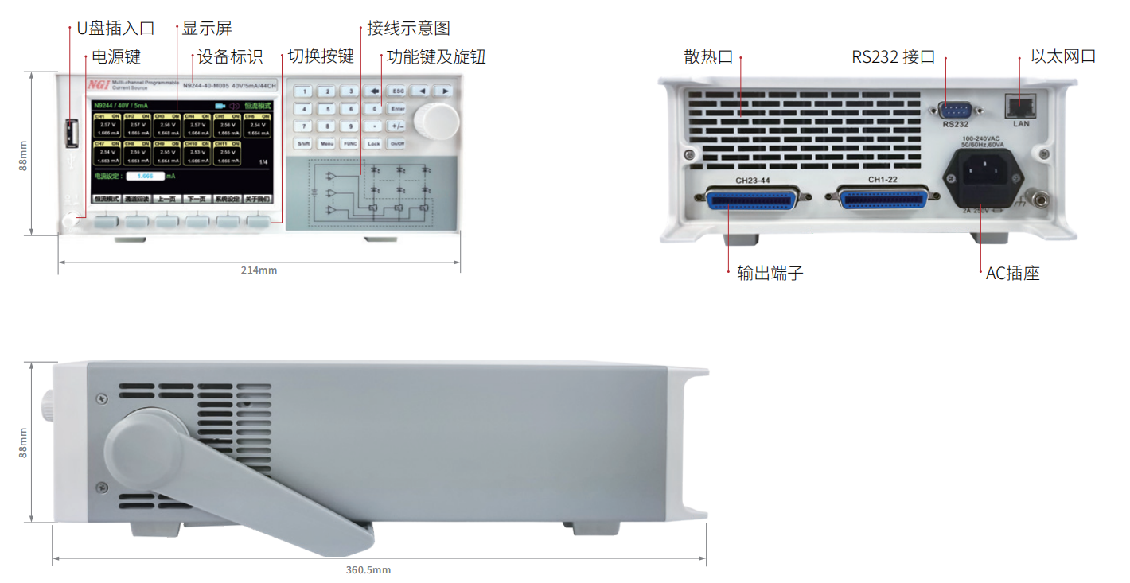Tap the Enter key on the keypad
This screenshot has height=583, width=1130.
click(398, 109)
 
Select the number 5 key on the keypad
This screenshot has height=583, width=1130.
click(326, 109)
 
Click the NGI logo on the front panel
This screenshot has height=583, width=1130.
click(98, 84)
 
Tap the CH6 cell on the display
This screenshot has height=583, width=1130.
click(258, 126)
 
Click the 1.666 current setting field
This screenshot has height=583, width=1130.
click(145, 176)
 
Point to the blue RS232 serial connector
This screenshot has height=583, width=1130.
click(955, 111)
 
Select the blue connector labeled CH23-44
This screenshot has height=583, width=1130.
click(752, 199)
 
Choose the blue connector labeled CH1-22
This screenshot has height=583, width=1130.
click(883, 197)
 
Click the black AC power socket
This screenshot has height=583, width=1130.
click(984, 177)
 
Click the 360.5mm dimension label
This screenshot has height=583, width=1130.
click(368, 570)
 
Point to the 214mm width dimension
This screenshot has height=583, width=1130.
click(259, 270)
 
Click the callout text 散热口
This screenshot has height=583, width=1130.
click(708, 57)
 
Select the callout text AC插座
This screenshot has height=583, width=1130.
click(1012, 274)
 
